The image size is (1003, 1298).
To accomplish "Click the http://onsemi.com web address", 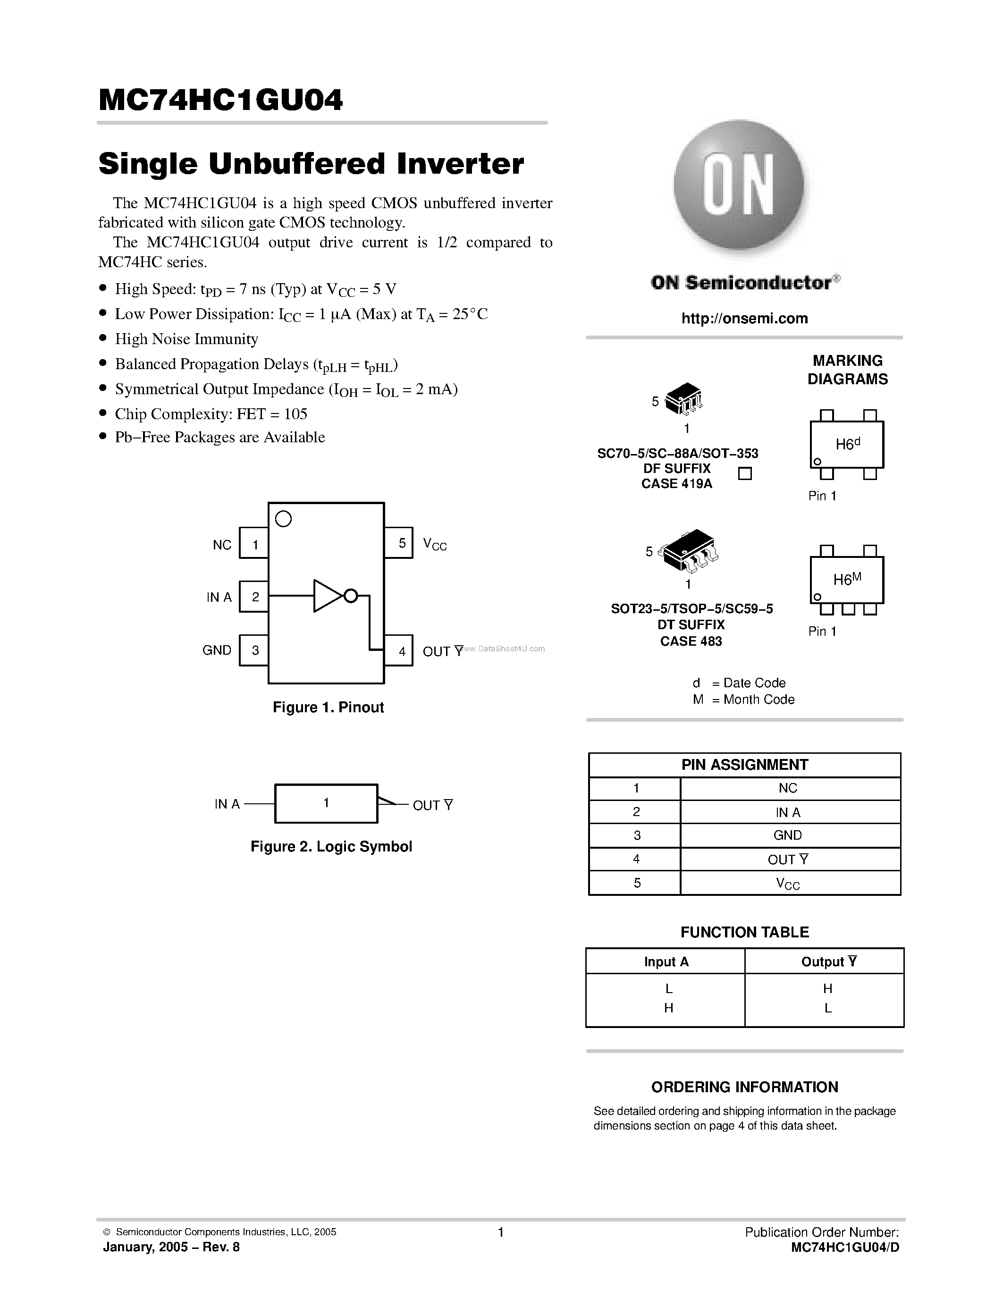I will click(x=744, y=319).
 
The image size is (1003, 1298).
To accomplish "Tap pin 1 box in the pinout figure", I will click(x=254, y=543).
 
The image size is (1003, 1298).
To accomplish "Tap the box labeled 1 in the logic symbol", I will click(x=326, y=803).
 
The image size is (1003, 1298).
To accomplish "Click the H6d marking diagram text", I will click(x=847, y=444).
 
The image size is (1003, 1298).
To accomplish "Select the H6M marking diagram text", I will click(x=847, y=580).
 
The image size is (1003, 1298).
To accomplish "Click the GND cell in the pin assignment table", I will click(x=788, y=835).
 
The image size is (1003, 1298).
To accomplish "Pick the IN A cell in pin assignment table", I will click(x=788, y=812).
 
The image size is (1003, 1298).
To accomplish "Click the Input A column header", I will click(x=666, y=961).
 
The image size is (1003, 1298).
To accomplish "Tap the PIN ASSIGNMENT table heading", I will click(x=744, y=765).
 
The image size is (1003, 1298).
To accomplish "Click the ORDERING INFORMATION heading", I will click(x=744, y=1087).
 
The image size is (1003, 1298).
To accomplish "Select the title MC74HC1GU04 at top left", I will click(x=220, y=101).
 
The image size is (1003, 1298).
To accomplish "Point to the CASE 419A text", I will click(x=676, y=484).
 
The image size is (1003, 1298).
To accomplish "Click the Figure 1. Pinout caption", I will click(x=328, y=707).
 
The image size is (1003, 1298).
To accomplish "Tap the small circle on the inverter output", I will click(x=351, y=596).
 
